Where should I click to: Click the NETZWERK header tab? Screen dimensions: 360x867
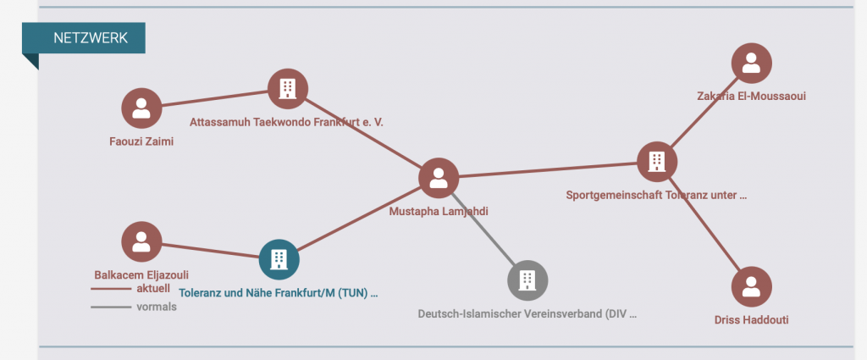pos(90,38)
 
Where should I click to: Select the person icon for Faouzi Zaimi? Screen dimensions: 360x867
pos(141,108)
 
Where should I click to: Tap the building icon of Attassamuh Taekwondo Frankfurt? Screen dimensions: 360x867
pos(288,88)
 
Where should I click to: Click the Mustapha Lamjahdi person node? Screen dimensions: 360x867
pos(439,178)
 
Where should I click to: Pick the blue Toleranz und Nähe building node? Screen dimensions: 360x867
pos(279,259)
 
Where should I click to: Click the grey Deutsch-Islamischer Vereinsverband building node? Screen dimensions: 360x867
pos(527,280)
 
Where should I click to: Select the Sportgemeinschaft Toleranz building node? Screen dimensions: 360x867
pos(657,160)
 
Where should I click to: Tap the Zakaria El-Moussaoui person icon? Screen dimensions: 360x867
pos(751,63)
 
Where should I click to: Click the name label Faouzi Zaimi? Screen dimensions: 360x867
pos(141,141)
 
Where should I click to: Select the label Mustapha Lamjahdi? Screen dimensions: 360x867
pos(439,212)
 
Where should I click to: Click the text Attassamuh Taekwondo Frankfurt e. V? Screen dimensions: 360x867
pos(286,122)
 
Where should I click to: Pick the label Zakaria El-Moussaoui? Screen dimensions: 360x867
pos(751,96)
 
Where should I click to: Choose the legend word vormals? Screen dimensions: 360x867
pos(157,307)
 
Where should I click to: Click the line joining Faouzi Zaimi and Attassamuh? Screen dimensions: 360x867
pos(214,98)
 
